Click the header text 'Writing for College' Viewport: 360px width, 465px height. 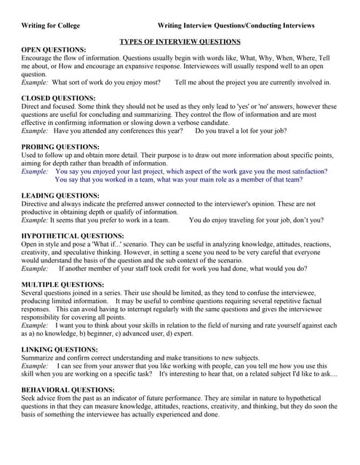pyautogui.click(x=49, y=25)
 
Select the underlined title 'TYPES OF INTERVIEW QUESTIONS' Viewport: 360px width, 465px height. pyautogui.click(x=180, y=42)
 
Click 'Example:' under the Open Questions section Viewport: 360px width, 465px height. pyautogui.click(x=35, y=83)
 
